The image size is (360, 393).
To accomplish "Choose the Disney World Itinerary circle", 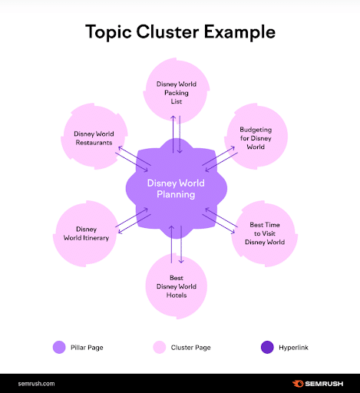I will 86,233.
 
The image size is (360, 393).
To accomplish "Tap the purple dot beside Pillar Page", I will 59,348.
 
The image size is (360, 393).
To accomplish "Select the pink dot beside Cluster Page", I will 159,348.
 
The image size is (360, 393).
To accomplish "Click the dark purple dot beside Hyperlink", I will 266,348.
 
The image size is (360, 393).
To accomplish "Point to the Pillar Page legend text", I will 86,348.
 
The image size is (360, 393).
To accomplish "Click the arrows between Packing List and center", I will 177,133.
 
